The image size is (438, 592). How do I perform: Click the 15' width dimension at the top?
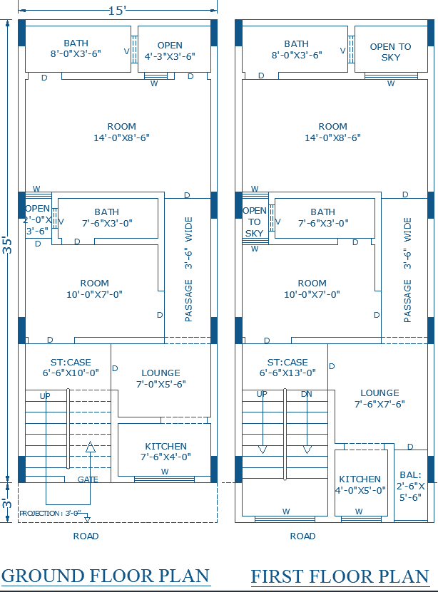[x=116, y=10]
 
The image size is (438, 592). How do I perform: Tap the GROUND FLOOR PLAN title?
[x=106, y=576]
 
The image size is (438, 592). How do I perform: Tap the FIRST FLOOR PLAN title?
[x=340, y=576]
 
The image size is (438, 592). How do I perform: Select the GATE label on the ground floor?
[x=88, y=479]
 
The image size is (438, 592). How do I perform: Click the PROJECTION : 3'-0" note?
[x=49, y=513]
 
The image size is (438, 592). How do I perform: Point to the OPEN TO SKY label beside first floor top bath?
[x=390, y=52]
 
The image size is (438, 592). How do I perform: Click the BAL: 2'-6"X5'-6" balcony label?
[x=411, y=486]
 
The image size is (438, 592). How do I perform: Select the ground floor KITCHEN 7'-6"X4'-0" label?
[x=165, y=452]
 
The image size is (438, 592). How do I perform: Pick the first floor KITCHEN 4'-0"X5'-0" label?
[x=360, y=484]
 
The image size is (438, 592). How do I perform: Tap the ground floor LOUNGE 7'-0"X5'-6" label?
[x=161, y=378]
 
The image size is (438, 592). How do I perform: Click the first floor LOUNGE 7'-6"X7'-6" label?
[x=380, y=398]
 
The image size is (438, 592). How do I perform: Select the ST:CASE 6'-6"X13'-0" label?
[x=287, y=367]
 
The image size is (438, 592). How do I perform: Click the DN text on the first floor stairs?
[x=307, y=394]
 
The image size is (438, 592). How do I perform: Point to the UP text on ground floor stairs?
[x=45, y=396]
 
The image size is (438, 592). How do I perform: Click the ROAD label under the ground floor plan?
[x=86, y=536]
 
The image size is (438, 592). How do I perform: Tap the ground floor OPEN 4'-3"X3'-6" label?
[x=170, y=50]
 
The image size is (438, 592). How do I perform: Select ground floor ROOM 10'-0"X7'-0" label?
[x=95, y=289]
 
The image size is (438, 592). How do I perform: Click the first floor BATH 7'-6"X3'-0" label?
[x=322, y=217]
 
